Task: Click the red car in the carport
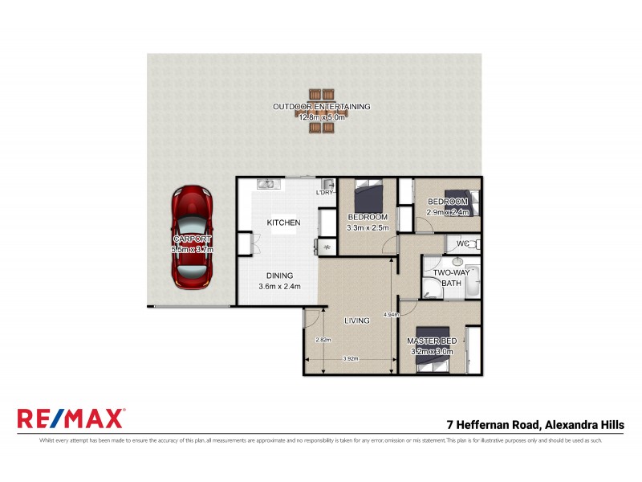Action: point(191,239)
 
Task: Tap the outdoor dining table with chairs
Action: point(321,111)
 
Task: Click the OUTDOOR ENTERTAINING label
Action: point(321,106)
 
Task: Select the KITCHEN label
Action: point(283,223)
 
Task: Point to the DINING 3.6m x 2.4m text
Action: point(280,281)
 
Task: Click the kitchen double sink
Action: point(267,184)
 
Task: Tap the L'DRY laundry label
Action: point(325,193)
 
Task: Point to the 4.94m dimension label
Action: point(392,314)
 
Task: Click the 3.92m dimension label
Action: point(349,358)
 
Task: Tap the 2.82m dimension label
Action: point(323,340)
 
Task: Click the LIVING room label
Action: point(356,321)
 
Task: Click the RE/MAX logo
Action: point(71,419)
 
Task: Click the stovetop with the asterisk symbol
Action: point(327,247)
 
